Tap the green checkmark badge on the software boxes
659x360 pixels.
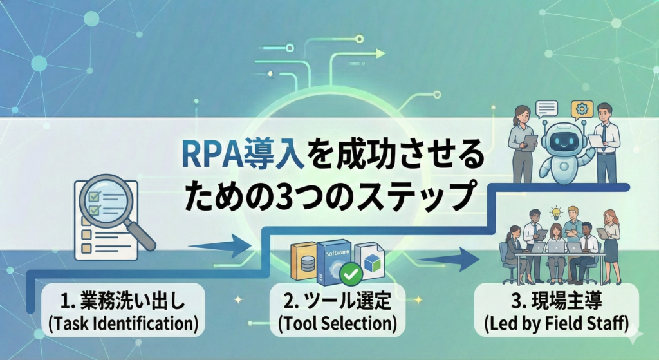click(x=351, y=275)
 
